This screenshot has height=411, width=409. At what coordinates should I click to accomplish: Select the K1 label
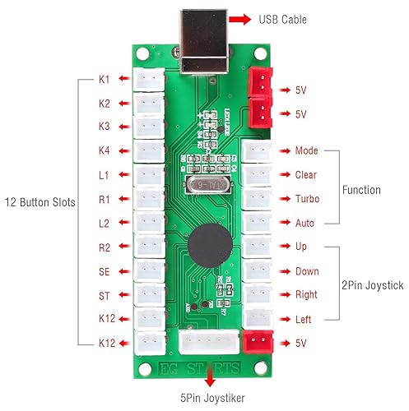104,80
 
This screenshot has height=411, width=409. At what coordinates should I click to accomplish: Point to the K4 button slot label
104,151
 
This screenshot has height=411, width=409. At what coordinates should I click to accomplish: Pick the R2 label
104,247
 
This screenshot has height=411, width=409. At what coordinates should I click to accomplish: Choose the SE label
104,270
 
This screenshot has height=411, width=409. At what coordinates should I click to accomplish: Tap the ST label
104,294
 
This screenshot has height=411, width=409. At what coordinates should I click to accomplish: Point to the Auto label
304,223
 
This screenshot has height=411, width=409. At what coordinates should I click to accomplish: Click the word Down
306,270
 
